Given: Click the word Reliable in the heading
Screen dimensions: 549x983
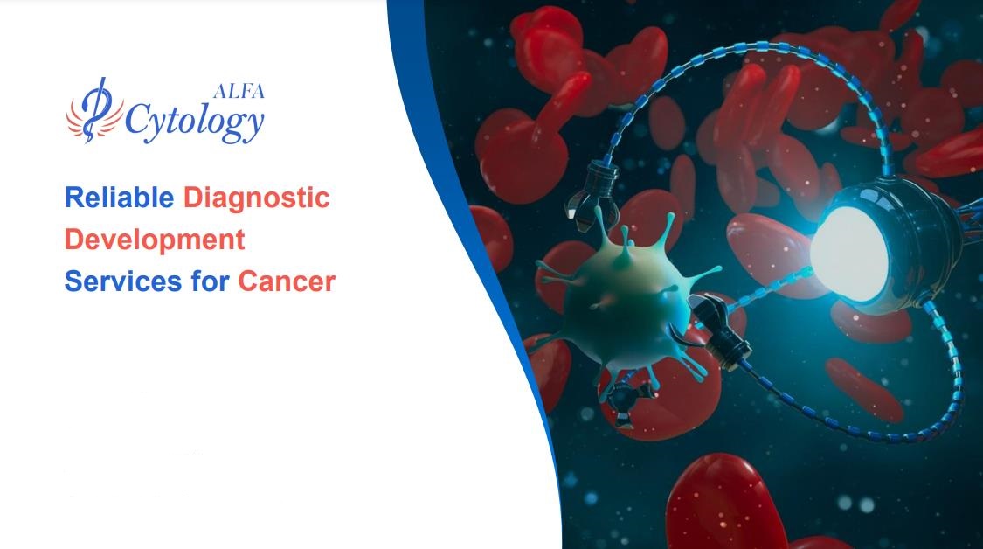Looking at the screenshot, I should [119, 198].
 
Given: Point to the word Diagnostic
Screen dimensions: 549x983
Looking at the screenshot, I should [256, 198].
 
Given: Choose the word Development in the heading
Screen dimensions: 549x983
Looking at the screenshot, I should [155, 240].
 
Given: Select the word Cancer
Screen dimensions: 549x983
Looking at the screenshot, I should [286, 281].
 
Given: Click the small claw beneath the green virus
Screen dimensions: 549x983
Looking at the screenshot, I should [623, 399].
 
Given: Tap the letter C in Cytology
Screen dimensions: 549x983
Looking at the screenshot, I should [137, 119].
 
